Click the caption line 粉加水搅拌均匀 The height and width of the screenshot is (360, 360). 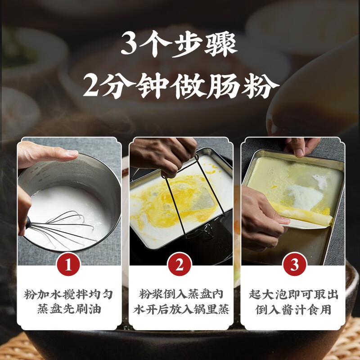tap(68, 295)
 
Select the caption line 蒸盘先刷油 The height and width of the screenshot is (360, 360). tap(68, 310)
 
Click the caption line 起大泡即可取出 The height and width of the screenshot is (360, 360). tap(294, 295)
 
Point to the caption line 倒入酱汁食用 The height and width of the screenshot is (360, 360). tap(294, 310)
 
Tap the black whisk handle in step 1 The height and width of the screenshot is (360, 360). tap(26, 222)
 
